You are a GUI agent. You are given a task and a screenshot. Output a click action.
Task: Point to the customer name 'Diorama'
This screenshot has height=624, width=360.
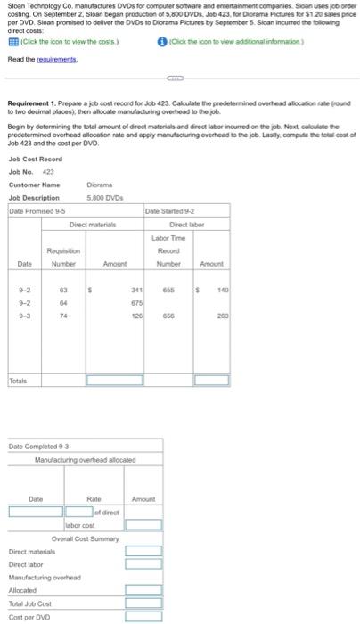click(x=100, y=185)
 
